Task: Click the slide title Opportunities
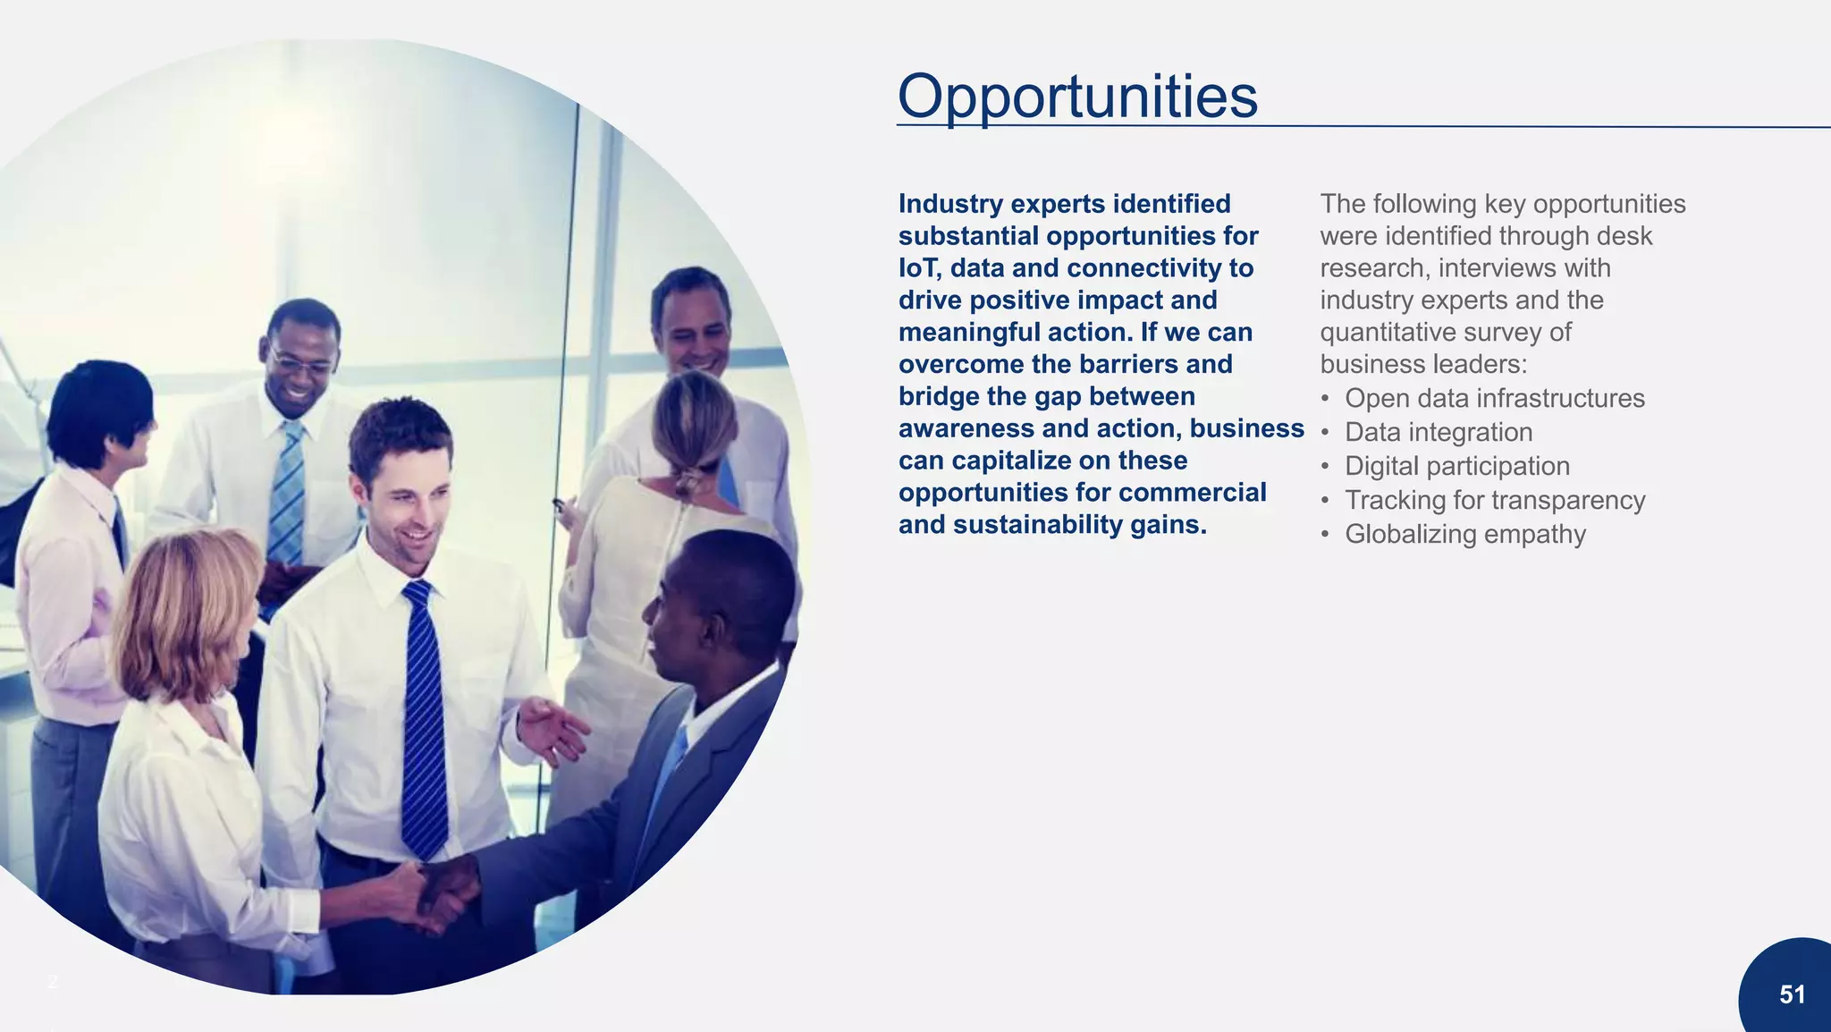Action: [1077, 97]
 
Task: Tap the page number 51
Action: [1792, 994]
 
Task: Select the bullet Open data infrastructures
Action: [1494, 398]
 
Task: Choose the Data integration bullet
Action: [1438, 432]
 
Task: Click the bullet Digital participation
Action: [1456, 466]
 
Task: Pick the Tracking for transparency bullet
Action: [1494, 500]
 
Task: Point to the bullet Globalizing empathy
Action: [1464, 534]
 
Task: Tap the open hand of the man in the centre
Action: [550, 729]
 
